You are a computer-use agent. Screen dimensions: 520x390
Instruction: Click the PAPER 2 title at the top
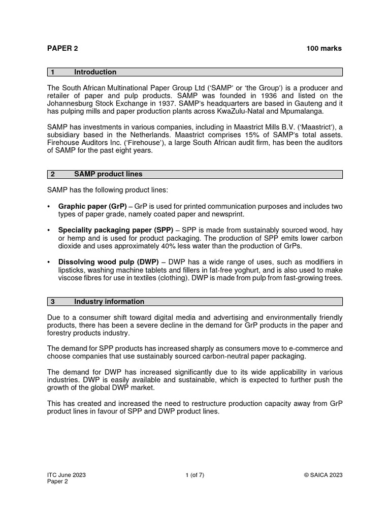coord(62,48)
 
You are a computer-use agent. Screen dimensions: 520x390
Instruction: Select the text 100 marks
coord(324,48)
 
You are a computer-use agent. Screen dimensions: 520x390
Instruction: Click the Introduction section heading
coord(95,72)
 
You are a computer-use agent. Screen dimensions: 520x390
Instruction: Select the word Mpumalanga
coord(300,111)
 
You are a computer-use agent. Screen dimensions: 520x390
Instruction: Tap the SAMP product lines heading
coord(108,174)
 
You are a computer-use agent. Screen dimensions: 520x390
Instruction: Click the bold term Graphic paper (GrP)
coord(92,206)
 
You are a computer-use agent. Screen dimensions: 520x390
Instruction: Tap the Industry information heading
coord(109,302)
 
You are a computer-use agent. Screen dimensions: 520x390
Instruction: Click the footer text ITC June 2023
coord(66,475)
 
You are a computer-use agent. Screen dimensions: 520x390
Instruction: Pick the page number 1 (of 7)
coord(195,475)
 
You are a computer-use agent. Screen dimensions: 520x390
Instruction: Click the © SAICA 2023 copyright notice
coord(323,475)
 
